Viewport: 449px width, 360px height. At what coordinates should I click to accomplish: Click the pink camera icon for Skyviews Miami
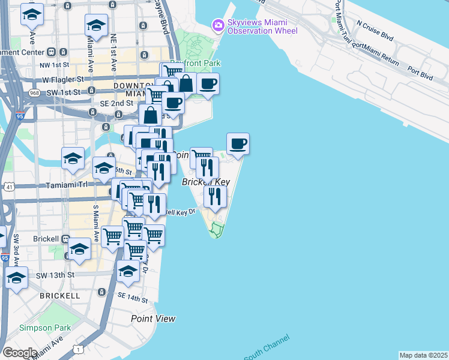(x=217, y=25)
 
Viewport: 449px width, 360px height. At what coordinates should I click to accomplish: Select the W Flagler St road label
(x=62, y=79)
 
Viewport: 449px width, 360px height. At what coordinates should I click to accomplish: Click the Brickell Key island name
(x=206, y=182)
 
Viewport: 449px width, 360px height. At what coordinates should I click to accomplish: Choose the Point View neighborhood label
(x=153, y=319)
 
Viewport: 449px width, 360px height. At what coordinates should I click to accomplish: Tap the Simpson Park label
(x=45, y=328)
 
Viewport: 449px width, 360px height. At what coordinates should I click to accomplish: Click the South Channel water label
(x=266, y=346)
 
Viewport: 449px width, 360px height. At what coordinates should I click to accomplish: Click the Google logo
(x=19, y=352)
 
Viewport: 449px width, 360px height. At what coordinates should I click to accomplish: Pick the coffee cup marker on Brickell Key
(x=238, y=144)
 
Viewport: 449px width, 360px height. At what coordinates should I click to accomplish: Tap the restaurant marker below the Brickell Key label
(x=214, y=196)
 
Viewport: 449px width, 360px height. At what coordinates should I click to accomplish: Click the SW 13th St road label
(x=54, y=274)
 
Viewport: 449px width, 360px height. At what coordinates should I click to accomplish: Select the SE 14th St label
(x=133, y=298)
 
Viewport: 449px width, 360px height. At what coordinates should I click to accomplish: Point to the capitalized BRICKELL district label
(x=59, y=296)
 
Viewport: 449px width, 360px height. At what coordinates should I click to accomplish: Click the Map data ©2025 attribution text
(x=423, y=355)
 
